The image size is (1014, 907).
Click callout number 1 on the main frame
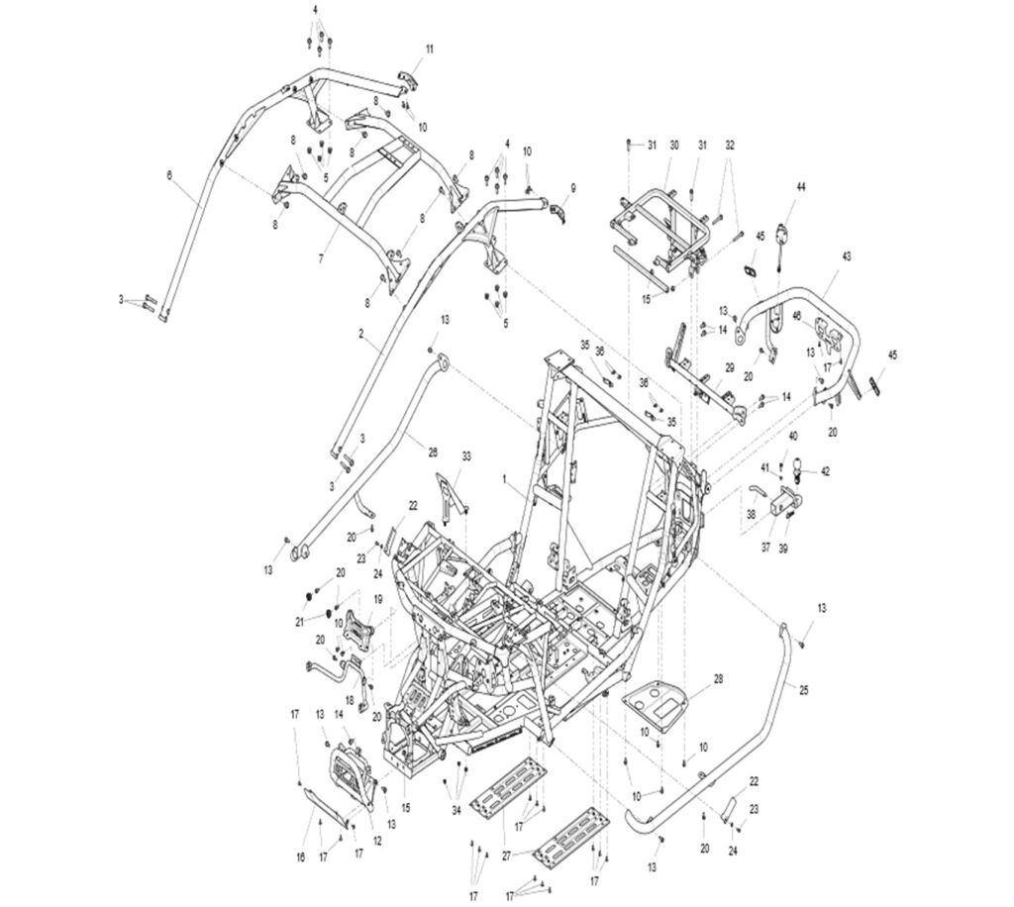coord(503,478)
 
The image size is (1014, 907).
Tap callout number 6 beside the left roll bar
coord(168,174)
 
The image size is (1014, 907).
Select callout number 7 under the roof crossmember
coord(320,257)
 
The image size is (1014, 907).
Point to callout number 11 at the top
coord(430,49)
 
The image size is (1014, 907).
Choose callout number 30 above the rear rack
coord(674,146)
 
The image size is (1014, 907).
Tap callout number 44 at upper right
coord(801,187)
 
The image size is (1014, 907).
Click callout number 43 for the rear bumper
coord(846,256)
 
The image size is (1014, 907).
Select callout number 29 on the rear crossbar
coord(729,367)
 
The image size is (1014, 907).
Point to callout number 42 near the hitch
coord(826,471)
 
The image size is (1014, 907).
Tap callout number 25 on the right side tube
coord(803,689)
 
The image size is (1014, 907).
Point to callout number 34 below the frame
coord(456,811)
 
